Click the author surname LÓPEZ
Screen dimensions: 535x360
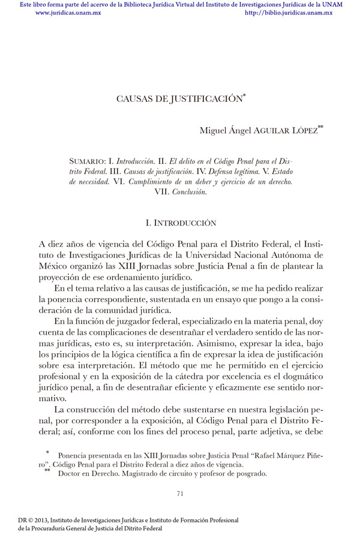point(299,131)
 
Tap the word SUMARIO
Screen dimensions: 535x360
point(88,161)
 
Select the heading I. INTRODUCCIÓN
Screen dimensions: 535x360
point(181,223)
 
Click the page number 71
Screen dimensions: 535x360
point(180,494)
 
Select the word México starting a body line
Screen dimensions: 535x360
point(52,266)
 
